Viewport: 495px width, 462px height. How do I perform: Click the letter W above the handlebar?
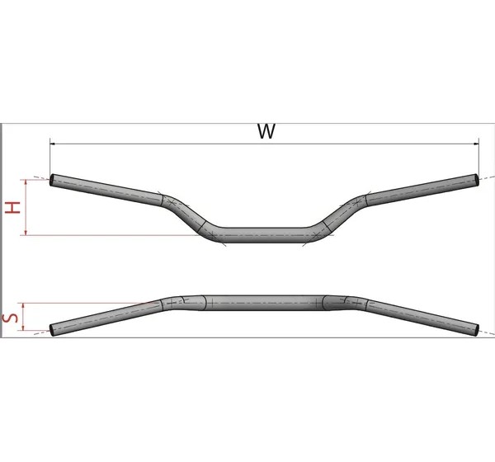point(266,131)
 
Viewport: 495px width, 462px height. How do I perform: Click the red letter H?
point(13,208)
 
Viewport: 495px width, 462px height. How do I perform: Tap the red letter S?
point(10,318)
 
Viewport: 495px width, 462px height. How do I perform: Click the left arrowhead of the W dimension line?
point(53,144)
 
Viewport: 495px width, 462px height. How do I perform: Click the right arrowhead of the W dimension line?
point(476,144)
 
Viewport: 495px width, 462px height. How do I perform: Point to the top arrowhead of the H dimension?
point(26,182)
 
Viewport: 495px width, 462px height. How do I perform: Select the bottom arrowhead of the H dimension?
point(26,233)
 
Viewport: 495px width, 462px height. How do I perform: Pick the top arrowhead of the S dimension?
point(23,306)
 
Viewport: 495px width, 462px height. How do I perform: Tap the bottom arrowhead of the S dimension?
point(23,328)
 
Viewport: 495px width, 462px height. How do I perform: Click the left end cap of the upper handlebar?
point(52,180)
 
